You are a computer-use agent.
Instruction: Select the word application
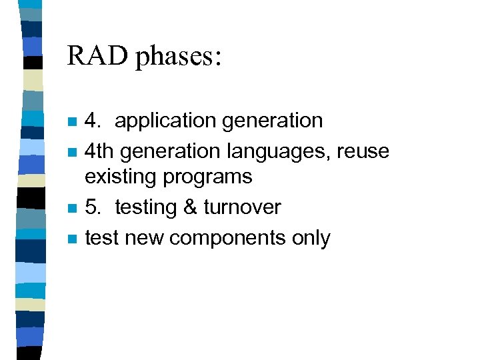point(164,121)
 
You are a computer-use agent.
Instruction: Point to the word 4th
point(99,151)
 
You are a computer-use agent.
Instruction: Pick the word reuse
point(363,151)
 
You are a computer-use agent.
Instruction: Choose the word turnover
point(242,207)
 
